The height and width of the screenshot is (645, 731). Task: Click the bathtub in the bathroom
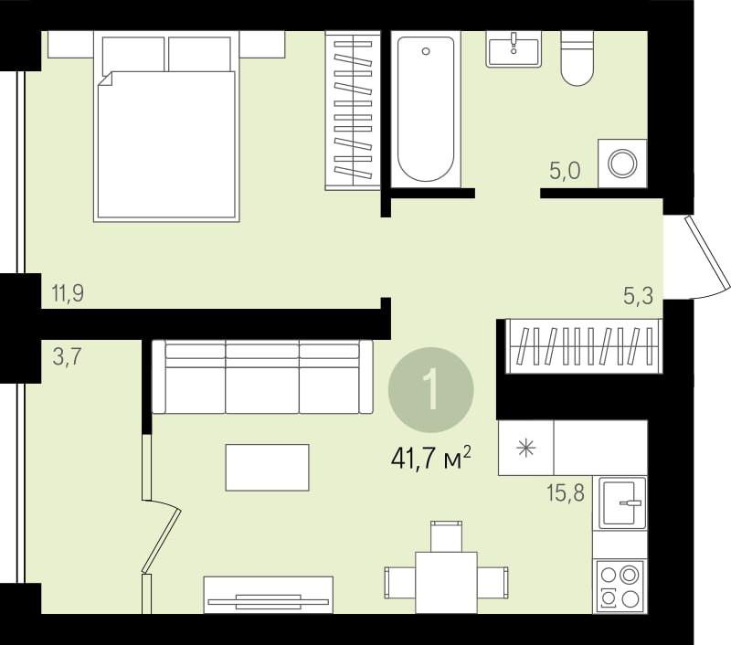pyautogui.click(x=426, y=109)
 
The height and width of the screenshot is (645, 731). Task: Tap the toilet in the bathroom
pyautogui.click(x=577, y=58)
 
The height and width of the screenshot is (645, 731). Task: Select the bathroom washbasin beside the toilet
pyautogui.click(x=514, y=49)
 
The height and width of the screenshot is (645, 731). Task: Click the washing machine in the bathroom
pyautogui.click(x=622, y=164)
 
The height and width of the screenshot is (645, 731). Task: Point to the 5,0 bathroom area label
pyautogui.click(x=565, y=171)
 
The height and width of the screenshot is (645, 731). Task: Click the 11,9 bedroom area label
pyautogui.click(x=68, y=293)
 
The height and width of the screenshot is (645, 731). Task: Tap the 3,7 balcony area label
pyautogui.click(x=67, y=357)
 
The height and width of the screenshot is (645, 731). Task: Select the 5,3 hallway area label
pyautogui.click(x=638, y=295)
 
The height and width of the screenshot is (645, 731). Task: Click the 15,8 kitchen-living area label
pyautogui.click(x=566, y=492)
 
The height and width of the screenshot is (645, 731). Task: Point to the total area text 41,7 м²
pyautogui.click(x=431, y=459)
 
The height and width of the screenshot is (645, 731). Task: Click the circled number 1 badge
pyautogui.click(x=431, y=389)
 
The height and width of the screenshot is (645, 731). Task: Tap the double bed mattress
pyautogui.click(x=166, y=144)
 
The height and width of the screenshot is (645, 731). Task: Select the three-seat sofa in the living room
pyautogui.click(x=262, y=376)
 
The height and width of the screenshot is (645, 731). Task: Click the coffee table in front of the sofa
pyautogui.click(x=267, y=468)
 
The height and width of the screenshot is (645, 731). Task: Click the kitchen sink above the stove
pyautogui.click(x=622, y=502)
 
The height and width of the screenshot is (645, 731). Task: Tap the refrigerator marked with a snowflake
pyautogui.click(x=526, y=448)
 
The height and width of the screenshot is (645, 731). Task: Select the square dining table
pyautogui.click(x=446, y=583)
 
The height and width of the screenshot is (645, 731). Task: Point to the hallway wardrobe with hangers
pyautogui.click(x=584, y=346)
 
